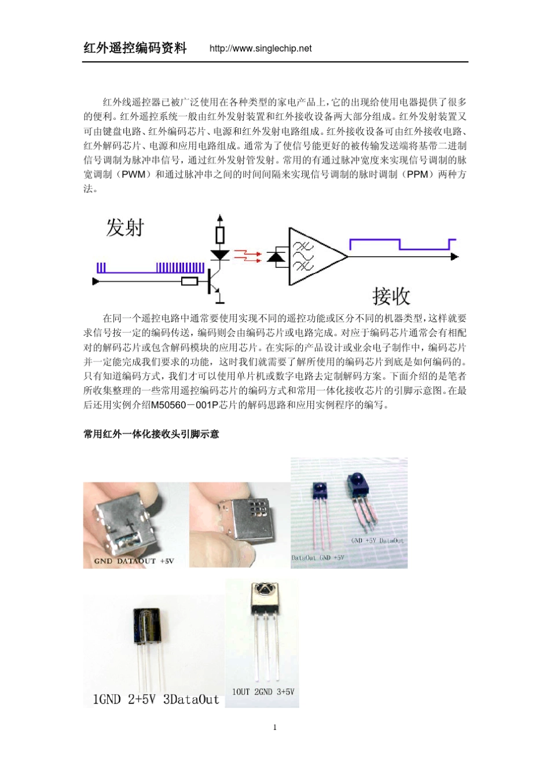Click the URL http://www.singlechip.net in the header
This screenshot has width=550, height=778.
[261, 49]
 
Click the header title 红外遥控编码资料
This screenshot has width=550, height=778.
[135, 48]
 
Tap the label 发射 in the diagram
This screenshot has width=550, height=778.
[124, 227]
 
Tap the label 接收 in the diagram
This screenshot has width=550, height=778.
[391, 296]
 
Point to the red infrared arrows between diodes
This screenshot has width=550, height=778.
[248, 256]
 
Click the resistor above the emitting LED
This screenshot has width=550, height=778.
[219, 235]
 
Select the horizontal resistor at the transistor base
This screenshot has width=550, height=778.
[189, 282]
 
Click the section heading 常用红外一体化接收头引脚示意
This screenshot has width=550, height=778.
[151, 434]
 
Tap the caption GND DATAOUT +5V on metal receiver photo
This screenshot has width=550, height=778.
[134, 561]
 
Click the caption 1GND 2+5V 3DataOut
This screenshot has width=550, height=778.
[156, 699]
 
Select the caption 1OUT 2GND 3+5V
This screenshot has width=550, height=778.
[263, 692]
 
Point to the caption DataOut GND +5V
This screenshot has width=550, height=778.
[317, 558]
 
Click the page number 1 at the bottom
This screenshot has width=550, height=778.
[275, 728]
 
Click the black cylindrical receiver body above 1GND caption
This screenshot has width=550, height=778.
[148, 625]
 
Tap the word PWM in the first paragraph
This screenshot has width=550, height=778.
[134, 174]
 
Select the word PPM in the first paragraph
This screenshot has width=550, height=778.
[417, 174]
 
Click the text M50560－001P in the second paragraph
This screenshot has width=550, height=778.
[185, 405]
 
